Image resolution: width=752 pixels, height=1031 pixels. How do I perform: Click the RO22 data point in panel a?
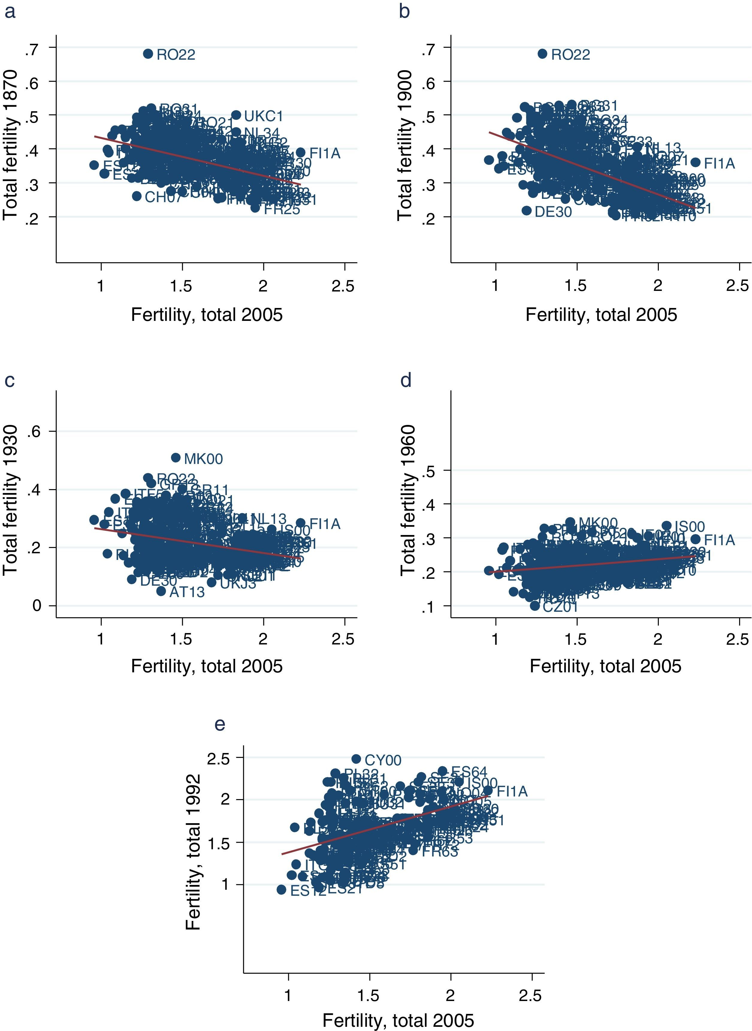coord(148,54)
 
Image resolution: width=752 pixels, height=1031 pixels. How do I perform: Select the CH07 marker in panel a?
coord(137,196)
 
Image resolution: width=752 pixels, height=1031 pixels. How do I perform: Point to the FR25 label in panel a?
coord(282,210)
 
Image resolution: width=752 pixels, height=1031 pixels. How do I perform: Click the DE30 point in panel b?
coord(527,211)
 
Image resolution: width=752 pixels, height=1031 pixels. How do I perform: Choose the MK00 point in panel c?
coord(176,457)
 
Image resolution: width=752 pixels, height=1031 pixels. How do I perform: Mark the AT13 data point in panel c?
coord(161,591)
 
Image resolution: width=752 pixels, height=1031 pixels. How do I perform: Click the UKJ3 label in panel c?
coord(238,584)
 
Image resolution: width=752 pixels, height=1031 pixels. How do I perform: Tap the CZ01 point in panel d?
coord(535,606)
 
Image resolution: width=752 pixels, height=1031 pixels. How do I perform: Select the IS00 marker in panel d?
coord(666,526)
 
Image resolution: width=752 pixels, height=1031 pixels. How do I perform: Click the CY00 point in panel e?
coord(356,759)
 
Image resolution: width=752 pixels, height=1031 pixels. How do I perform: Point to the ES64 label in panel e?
coord(469,772)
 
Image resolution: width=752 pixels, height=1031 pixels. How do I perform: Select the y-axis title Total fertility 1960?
coord(408,500)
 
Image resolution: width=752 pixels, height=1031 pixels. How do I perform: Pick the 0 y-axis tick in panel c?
coord(37,606)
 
